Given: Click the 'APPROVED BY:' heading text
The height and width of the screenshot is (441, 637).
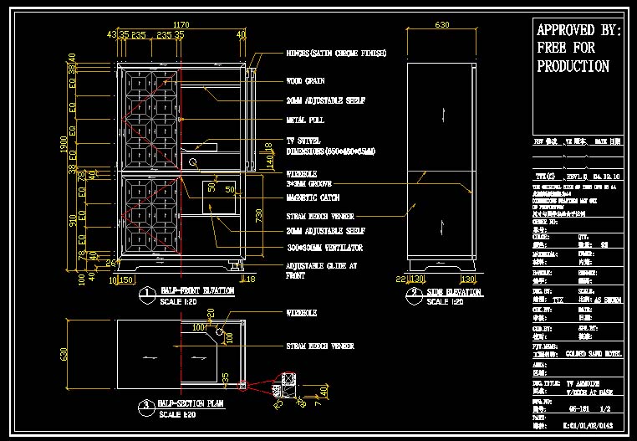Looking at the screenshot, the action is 578,31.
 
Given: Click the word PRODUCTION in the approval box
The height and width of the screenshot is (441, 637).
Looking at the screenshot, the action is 573,66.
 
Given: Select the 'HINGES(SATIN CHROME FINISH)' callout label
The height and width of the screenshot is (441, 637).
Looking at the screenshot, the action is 336,54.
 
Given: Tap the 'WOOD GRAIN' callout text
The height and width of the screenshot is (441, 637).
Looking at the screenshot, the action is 305,81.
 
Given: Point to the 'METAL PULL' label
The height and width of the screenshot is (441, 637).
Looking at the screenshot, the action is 305,120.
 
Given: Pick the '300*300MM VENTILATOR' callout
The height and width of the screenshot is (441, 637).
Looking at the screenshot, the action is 324,248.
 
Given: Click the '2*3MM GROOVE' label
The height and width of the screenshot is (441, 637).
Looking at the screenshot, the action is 309,182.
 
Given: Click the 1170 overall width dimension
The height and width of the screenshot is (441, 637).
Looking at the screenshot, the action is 180,25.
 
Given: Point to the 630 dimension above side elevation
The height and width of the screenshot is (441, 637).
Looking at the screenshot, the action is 442,25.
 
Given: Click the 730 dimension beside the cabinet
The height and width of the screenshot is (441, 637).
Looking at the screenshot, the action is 260,217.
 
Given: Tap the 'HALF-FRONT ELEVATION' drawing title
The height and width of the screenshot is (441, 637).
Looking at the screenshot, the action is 198,292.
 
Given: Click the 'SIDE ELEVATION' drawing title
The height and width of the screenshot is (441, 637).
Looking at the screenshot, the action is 454,292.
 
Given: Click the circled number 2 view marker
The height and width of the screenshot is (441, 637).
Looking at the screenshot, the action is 415,294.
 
